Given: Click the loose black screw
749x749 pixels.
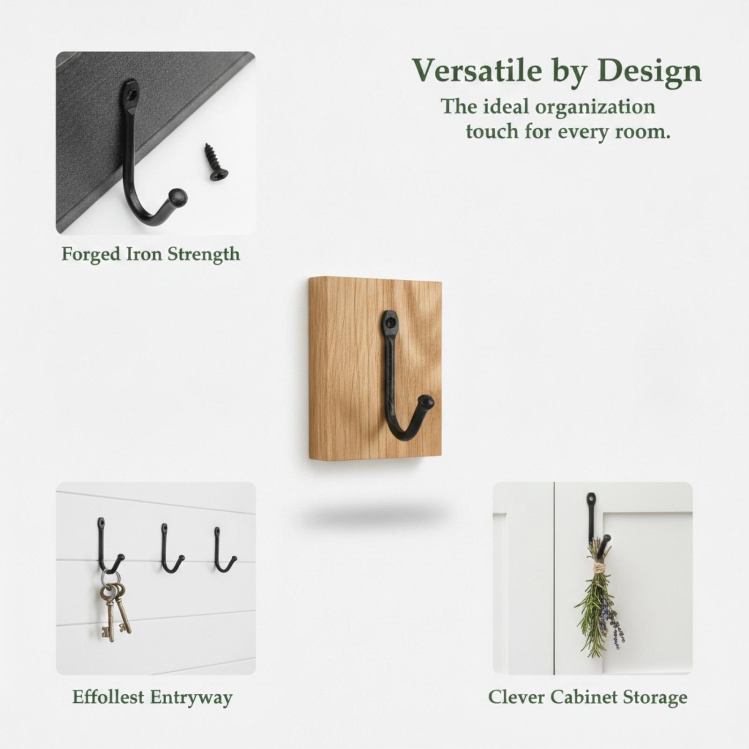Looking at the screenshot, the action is [x=215, y=162].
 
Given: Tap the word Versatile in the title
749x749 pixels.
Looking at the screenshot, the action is [x=477, y=70].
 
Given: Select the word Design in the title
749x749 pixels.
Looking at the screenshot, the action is [x=650, y=70].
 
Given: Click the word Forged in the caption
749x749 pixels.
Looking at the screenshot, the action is [x=91, y=255].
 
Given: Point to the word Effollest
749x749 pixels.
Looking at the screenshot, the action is [x=108, y=697].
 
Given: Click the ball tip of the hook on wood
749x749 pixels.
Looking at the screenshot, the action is [x=426, y=402].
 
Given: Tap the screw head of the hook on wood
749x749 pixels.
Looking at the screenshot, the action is [x=389, y=321].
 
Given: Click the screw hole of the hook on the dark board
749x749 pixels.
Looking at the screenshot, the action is [x=132, y=94].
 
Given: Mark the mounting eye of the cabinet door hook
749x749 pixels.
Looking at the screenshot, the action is [x=591, y=499].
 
